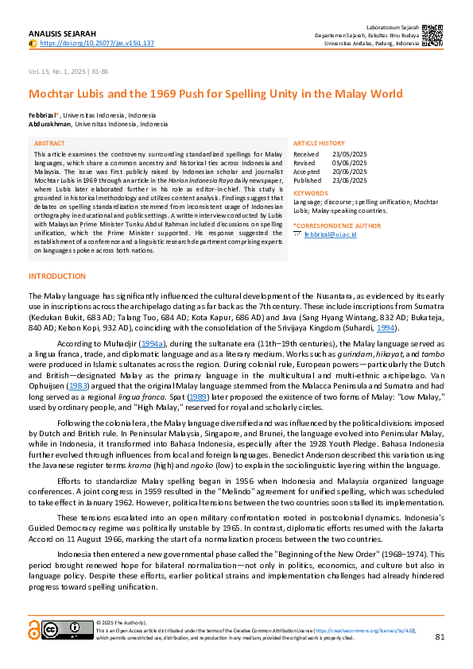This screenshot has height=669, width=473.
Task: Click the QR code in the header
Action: pos(431,35)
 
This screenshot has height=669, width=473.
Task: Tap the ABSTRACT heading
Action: pos(50,144)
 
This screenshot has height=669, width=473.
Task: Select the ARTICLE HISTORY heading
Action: pos(319,144)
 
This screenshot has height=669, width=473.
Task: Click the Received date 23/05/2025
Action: pos(350,154)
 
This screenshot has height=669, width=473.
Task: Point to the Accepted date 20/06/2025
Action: pos(350,172)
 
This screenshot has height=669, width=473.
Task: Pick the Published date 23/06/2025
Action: pos(350,180)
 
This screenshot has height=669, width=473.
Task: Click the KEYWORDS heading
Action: pos(310,193)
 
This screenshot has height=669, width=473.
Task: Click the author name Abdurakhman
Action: pos(49,124)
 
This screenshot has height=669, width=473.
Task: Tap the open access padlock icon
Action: pos(34,630)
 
